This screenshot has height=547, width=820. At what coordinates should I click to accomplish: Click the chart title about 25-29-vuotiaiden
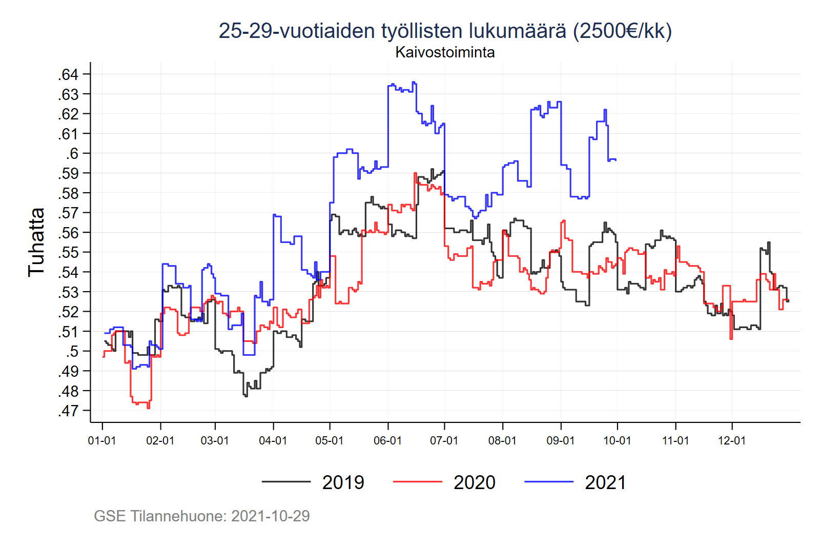tap(445, 31)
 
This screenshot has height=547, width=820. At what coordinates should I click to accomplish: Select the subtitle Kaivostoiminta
tap(445, 52)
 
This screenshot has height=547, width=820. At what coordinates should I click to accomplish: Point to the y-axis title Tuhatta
tap(36, 242)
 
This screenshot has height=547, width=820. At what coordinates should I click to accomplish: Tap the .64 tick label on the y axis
tap(68, 74)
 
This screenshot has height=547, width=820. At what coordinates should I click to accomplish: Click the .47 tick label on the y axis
tap(68, 411)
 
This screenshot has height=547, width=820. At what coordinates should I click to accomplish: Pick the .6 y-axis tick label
tap(72, 153)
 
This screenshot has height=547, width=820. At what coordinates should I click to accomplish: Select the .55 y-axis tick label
tap(68, 252)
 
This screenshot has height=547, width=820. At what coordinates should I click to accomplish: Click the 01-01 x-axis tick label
tap(102, 440)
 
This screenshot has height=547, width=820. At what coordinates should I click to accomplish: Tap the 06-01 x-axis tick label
tap(387, 440)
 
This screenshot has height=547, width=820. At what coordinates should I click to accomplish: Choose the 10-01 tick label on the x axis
tap(617, 440)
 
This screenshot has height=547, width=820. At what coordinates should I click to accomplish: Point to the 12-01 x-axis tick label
tap(732, 440)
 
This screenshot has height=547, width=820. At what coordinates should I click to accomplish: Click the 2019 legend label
tap(343, 482)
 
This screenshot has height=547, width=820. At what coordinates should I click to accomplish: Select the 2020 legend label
tap(475, 482)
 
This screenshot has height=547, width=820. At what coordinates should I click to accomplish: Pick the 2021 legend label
tap(605, 482)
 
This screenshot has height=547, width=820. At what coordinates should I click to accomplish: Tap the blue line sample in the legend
tap(549, 482)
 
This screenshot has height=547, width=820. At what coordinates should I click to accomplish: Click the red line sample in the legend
tap(417, 482)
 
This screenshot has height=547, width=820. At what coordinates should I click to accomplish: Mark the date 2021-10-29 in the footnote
tap(271, 516)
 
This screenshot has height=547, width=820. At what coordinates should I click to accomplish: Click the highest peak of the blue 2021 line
tap(414, 82)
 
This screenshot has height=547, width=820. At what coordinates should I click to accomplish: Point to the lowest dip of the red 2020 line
tap(148, 408)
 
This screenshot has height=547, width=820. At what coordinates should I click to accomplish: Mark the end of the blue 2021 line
tap(616, 160)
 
